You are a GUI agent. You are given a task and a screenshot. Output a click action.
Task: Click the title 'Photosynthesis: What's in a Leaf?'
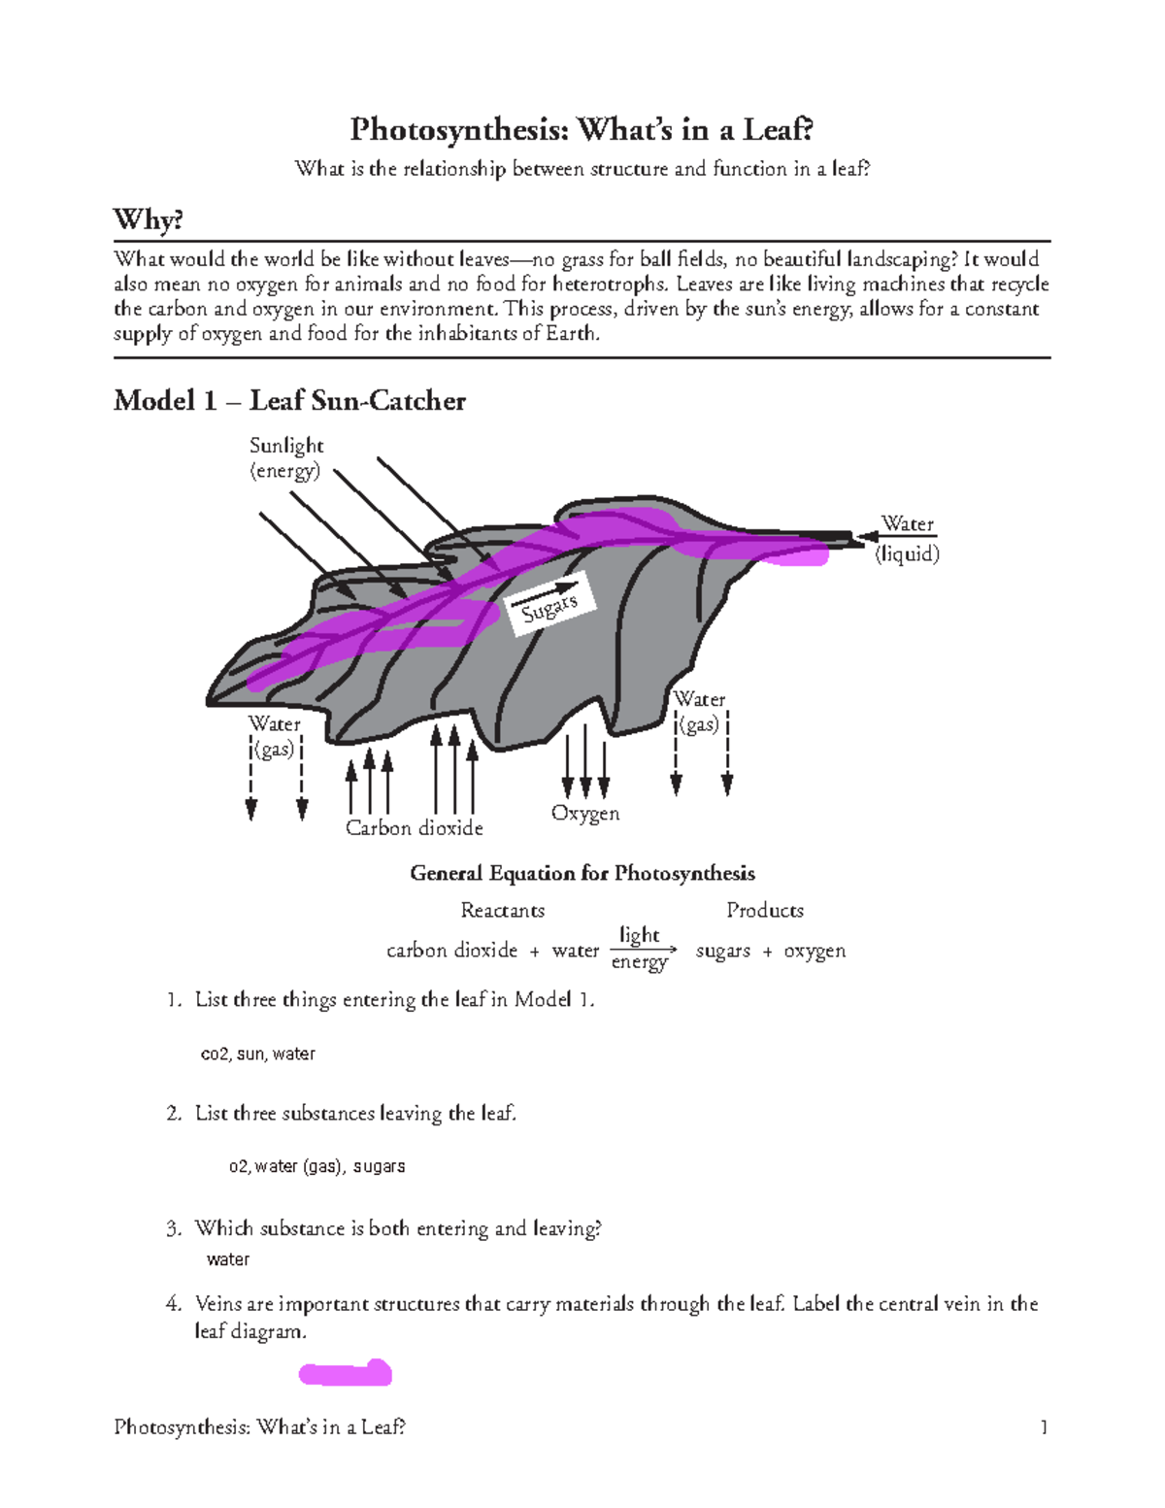coord(582,129)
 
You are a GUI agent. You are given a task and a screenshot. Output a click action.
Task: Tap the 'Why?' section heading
coord(148,219)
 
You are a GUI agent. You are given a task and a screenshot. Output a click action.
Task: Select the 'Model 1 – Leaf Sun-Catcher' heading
coord(289,400)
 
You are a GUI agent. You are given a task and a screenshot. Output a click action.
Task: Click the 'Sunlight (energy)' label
coord(285,457)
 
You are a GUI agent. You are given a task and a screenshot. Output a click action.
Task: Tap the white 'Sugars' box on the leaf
coord(549,607)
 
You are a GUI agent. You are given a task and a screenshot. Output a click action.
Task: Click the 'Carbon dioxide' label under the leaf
coord(415,828)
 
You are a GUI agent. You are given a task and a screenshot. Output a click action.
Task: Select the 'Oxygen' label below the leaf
coord(584,814)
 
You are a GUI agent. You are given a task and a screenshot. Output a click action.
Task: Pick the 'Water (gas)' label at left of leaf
coord(275,737)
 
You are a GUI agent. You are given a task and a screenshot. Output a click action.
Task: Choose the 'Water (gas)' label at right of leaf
coord(699,712)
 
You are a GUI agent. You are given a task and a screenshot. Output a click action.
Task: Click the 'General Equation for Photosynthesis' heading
coord(582,873)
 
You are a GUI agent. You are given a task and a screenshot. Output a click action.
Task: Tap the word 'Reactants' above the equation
coord(502,911)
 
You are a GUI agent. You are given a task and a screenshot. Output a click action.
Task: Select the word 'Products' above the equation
coord(765,911)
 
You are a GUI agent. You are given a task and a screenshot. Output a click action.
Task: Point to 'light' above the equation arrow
coord(639,934)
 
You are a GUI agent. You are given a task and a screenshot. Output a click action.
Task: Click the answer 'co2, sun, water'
coord(257,1054)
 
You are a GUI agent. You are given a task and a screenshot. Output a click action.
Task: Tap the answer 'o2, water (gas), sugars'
coord(316,1166)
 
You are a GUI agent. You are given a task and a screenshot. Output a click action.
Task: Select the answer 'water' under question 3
coord(228,1259)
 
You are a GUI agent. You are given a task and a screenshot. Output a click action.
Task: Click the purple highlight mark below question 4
coord(345,1373)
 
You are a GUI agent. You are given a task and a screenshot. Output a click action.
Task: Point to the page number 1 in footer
coord(1044,1426)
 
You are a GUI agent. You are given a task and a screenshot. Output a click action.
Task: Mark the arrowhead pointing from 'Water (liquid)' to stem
coord(863,536)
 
